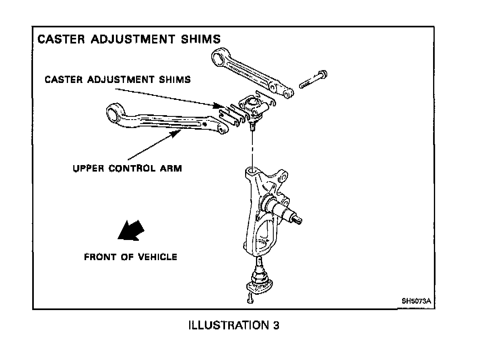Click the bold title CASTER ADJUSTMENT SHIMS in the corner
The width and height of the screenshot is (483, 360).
(x=129, y=39)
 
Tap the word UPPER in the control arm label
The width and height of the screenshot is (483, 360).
(x=88, y=168)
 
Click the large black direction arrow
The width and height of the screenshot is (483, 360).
(x=130, y=231)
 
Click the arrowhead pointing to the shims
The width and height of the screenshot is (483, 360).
(x=218, y=106)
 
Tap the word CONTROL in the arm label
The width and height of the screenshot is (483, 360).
(x=130, y=168)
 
